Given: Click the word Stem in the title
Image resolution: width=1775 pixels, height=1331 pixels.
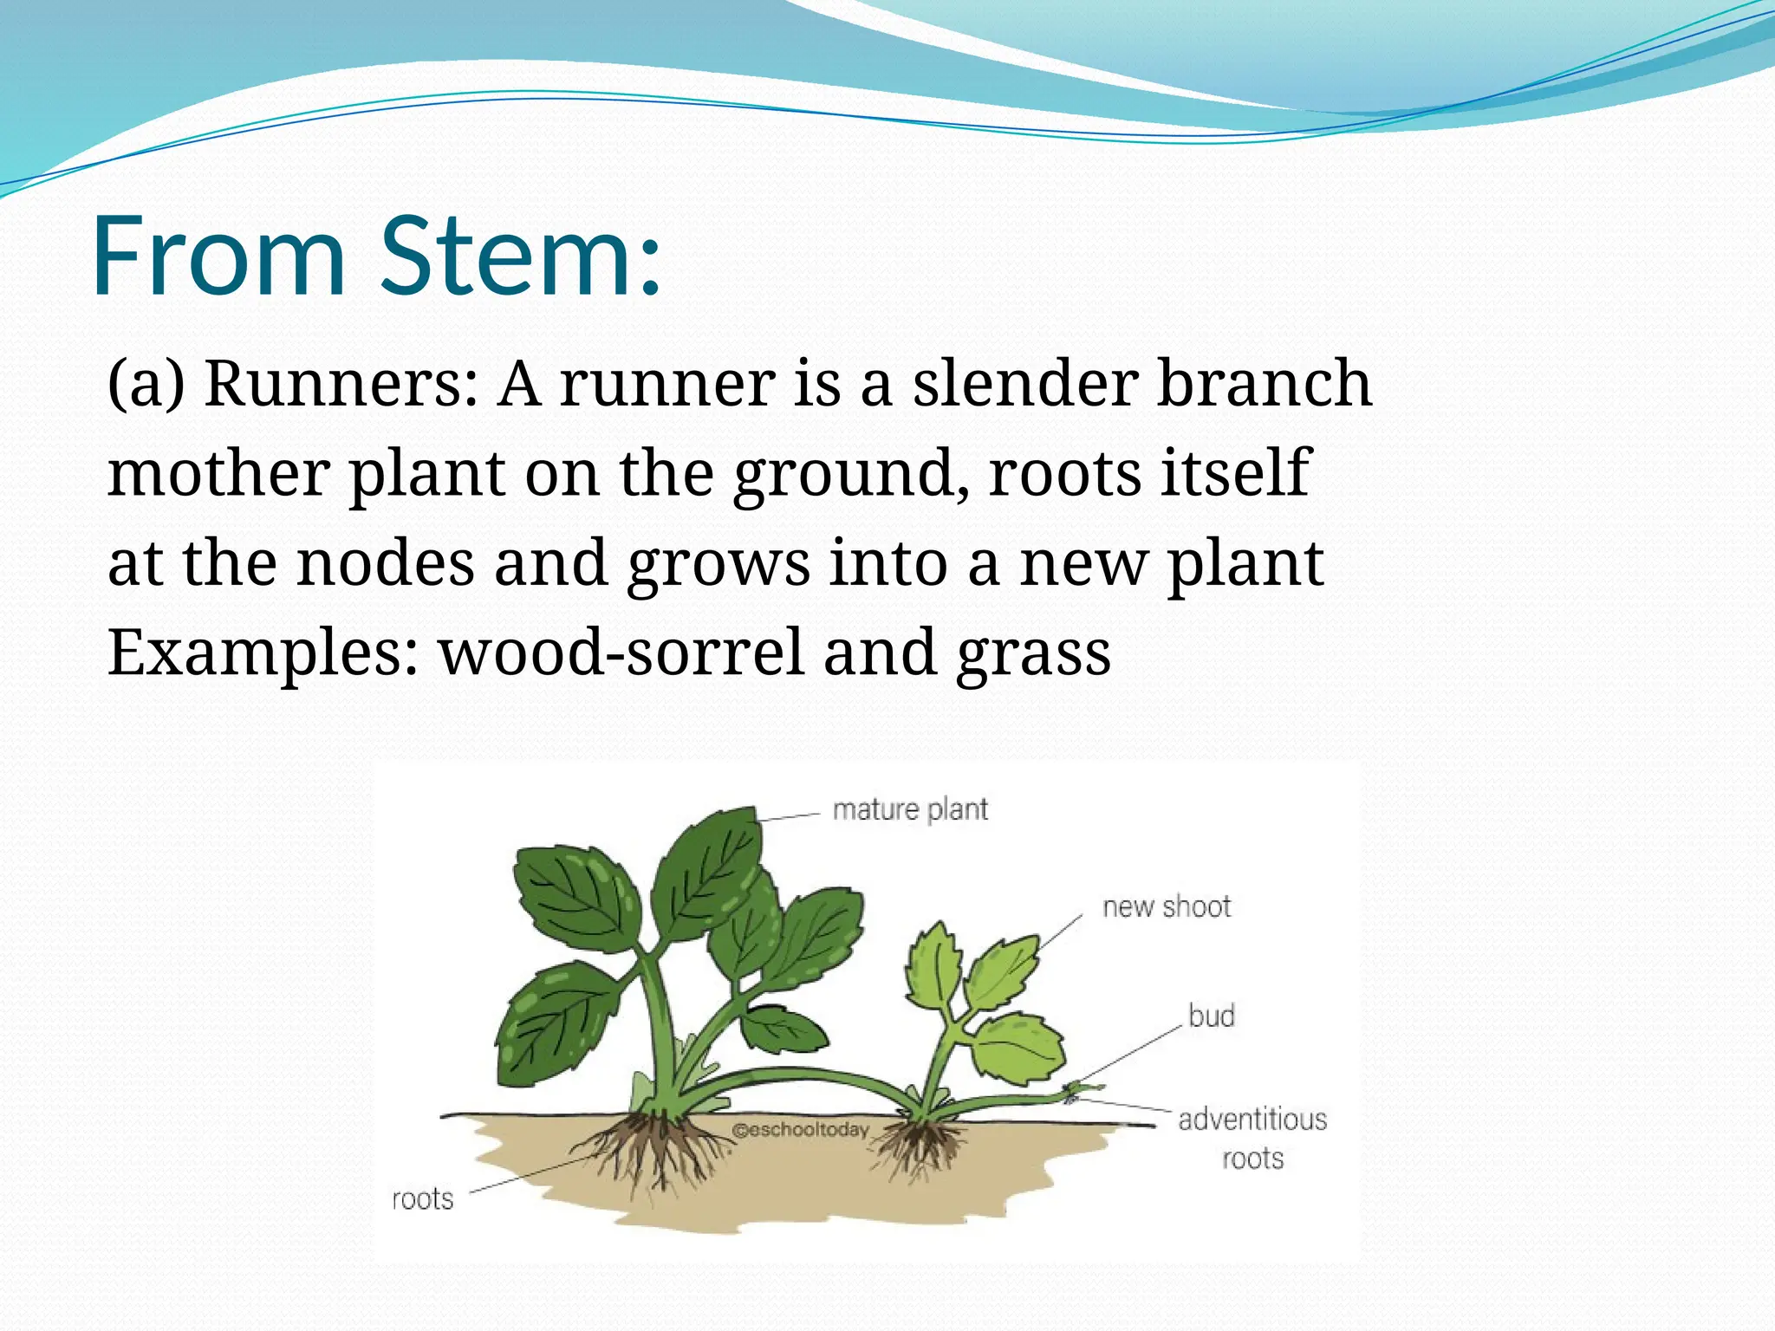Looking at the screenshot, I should pyautogui.click(x=520, y=256).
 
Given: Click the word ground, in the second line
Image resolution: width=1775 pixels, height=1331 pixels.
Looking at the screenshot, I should pyautogui.click(x=850, y=475).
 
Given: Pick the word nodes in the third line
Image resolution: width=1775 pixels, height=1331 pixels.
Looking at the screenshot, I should pyautogui.click(x=386, y=563).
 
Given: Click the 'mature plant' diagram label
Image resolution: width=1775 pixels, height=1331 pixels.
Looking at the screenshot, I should pyautogui.click(x=909, y=810).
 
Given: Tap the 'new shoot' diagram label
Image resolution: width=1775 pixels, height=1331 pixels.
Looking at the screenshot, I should pyautogui.click(x=1166, y=907).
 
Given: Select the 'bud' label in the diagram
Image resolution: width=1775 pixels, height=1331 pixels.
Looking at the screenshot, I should pyautogui.click(x=1211, y=1016).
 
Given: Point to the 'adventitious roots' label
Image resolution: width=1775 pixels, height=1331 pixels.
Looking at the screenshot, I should pyautogui.click(x=1252, y=1138).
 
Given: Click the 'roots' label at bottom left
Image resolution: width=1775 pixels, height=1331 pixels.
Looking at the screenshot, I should pyautogui.click(x=423, y=1199).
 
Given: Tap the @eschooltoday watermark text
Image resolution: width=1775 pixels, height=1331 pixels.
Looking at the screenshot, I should pyautogui.click(x=799, y=1130).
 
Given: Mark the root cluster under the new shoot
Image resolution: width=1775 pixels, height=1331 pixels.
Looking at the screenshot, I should pyautogui.click(x=924, y=1144).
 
